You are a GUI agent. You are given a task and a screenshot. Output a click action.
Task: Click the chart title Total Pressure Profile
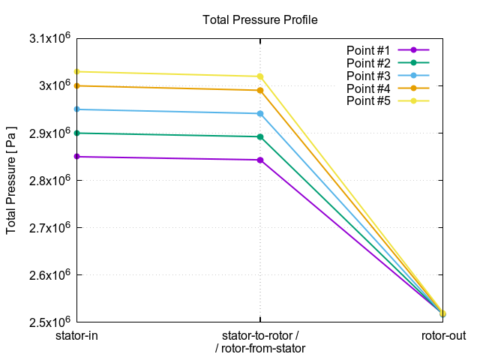(x=260, y=20)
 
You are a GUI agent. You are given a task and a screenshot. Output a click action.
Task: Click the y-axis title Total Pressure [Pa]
(x=11, y=180)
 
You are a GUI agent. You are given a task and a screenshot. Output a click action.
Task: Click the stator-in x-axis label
(x=77, y=336)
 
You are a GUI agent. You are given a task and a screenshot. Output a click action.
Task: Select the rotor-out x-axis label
(x=442, y=336)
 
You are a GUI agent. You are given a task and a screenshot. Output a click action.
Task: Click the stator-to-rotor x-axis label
(x=260, y=336)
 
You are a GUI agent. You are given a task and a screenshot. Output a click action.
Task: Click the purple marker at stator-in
(x=77, y=157)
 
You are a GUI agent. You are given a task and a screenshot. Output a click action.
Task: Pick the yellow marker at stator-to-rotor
(x=260, y=76)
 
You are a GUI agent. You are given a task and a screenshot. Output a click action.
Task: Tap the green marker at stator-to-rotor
(x=260, y=136)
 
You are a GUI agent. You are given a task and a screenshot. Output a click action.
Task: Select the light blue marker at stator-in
(x=77, y=109)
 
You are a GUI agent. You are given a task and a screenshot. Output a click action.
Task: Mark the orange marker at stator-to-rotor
(x=260, y=91)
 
